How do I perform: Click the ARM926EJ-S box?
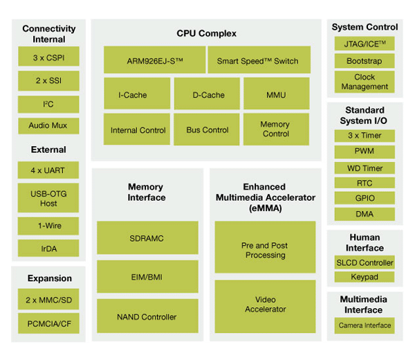coord(154,60)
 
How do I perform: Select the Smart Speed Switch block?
coord(257,60)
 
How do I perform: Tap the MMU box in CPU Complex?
coord(275,94)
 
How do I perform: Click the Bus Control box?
coord(207,129)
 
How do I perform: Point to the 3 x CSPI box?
coord(48,57)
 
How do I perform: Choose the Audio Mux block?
coord(48,125)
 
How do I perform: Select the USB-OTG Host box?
coord(48,198)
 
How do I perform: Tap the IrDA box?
coord(48,248)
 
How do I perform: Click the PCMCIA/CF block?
coord(48,323)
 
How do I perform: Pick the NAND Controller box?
coord(148,316)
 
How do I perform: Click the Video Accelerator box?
coord(265,304)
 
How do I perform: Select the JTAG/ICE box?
coord(365,44)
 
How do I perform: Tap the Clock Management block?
coord(365,82)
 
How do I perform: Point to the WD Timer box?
coord(365,168)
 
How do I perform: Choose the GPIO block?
coord(365,199)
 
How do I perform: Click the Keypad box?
coord(365,277)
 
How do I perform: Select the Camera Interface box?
coord(365,325)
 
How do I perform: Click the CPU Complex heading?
coord(206,33)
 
